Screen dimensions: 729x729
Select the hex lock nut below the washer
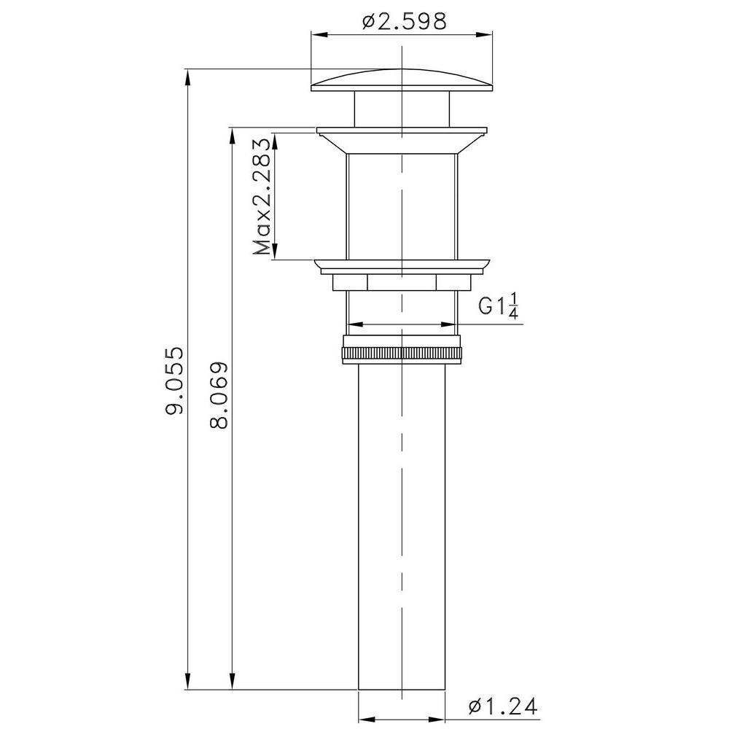[x=401, y=281]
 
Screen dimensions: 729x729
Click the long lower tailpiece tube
[x=401, y=525]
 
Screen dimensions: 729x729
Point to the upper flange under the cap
[x=401, y=131]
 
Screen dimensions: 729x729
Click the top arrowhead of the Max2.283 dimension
[x=274, y=139]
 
